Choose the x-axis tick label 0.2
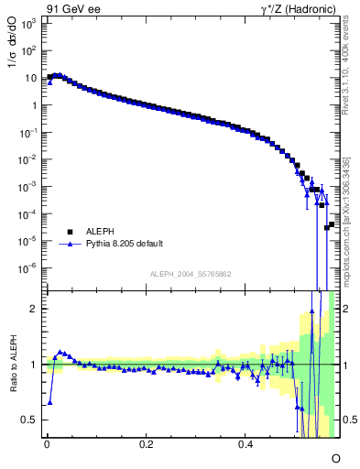[146, 443]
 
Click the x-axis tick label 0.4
[245, 443]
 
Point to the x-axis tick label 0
[46, 443]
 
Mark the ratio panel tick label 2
[33, 309]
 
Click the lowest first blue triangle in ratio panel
[49, 402]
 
